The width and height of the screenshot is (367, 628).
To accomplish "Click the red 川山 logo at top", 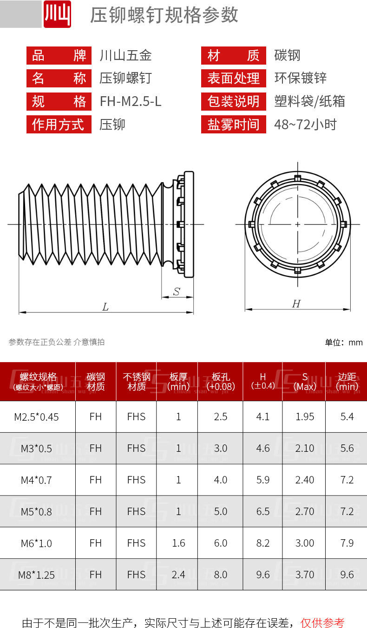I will coord(57,14).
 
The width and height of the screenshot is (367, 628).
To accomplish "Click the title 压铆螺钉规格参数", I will coord(164,15).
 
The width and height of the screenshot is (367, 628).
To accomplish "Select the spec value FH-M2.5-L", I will coord(131,101).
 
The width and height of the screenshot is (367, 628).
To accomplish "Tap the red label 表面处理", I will coord(233,79).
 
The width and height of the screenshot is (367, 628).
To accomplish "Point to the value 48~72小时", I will coord(305,125).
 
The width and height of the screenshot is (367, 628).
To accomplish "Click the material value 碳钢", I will coord(288,56).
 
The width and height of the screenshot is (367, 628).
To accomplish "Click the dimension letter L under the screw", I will coord(105,307).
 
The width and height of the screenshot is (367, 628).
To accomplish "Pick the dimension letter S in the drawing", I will coord(177,292).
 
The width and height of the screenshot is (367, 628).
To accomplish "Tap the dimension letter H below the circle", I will coord(296,304).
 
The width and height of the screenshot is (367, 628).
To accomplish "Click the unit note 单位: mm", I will coord(343,343).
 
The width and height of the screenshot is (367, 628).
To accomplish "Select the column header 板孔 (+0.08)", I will coord(220,382).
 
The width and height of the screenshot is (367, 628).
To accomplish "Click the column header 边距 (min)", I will coord(347,382).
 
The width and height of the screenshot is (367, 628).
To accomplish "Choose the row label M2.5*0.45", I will coord(37,417).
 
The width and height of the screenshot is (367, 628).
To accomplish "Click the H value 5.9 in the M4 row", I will coord(263,480).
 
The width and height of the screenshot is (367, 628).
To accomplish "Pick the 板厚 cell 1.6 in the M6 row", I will coord(178,543).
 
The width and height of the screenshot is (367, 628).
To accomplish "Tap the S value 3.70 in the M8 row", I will coord(305,575).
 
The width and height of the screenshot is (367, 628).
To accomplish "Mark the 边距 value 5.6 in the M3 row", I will coord(347,448).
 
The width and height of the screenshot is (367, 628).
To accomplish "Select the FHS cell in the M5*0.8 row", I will coord(136,511).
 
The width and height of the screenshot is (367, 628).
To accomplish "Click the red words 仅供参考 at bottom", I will coord(322,622).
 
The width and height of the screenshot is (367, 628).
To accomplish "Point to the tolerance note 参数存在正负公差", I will coord(40,342).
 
